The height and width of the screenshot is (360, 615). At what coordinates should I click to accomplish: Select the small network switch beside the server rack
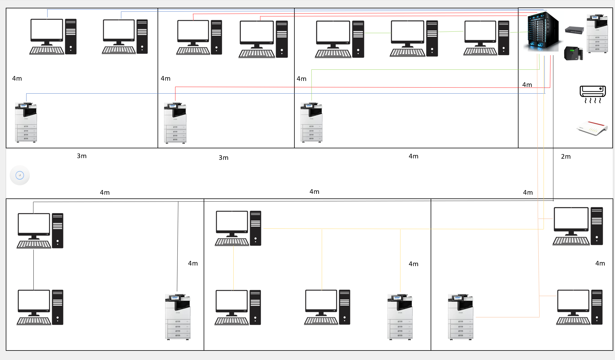coord(574,30)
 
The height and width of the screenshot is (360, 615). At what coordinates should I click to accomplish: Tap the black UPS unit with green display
coord(573,53)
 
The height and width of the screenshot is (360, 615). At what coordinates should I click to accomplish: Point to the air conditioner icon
coord(593,94)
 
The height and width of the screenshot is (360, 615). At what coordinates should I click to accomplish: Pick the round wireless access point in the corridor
coord(20,175)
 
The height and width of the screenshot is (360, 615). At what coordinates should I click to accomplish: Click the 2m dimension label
coord(566,157)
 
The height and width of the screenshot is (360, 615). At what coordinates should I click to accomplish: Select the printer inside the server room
coord(597,34)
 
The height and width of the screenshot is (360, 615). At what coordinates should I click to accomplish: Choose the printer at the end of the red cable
coord(175,123)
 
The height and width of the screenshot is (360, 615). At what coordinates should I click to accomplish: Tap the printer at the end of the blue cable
coord(26,122)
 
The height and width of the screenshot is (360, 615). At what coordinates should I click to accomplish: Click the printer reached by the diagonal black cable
coord(177,317)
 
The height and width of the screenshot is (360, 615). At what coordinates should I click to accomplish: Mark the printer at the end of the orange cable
coord(461,317)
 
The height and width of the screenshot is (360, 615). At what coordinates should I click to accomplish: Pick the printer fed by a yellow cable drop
coord(400,317)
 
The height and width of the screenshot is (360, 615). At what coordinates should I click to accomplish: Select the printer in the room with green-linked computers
coord(311,122)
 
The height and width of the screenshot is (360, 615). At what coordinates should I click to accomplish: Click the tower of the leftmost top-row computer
coord(71,37)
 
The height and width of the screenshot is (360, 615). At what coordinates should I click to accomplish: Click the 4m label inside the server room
coord(527,85)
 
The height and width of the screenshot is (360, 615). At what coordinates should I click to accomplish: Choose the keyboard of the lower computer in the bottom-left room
coord(34,321)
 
